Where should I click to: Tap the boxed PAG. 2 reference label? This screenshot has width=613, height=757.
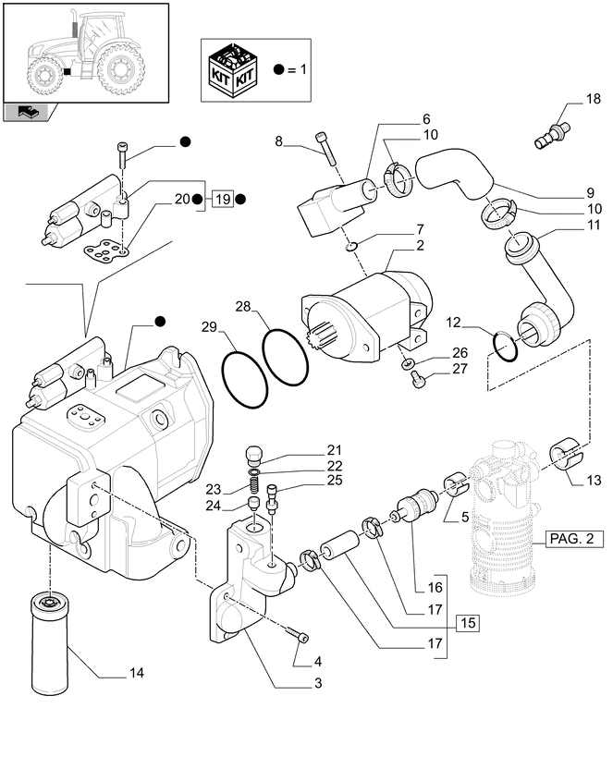pos(574,537)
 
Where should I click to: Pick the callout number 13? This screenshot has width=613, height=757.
pos(593,480)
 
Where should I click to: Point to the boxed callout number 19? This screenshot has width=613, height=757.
pos(221,199)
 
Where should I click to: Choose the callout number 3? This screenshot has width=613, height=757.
pos(317,683)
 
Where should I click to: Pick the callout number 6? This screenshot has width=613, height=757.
pos(426,119)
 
